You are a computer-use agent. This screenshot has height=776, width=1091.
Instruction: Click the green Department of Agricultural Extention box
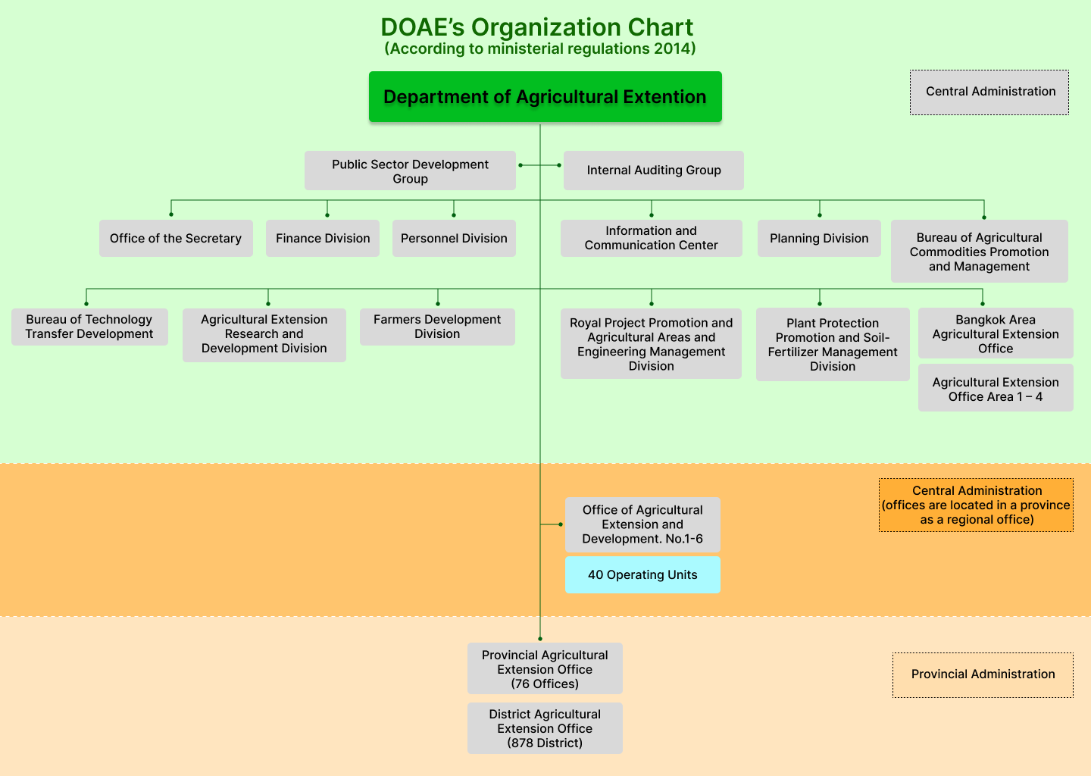tap(545, 97)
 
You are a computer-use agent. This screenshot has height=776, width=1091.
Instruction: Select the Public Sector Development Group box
tap(410, 171)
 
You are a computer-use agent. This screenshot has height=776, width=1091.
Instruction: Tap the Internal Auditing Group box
tap(653, 171)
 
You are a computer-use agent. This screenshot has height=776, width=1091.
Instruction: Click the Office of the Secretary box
tap(176, 238)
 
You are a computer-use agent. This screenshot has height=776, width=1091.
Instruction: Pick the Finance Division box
tap(323, 238)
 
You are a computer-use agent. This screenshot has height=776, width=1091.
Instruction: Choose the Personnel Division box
tap(454, 238)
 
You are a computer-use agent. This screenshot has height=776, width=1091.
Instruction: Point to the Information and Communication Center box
tap(651, 238)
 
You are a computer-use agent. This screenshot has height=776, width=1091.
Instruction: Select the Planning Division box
tap(819, 238)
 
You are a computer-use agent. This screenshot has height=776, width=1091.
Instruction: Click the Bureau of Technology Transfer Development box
tap(89, 327)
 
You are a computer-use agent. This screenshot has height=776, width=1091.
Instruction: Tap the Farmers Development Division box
tap(437, 327)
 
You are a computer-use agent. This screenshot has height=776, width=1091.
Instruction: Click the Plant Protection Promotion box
tap(833, 344)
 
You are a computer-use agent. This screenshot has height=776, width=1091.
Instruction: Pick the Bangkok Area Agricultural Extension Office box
tap(996, 333)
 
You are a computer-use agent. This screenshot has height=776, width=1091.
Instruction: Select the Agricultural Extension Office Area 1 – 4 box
tap(996, 389)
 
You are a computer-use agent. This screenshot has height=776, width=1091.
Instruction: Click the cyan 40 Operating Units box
tap(642, 574)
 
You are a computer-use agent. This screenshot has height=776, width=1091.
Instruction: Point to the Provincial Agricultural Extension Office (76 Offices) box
tap(545, 668)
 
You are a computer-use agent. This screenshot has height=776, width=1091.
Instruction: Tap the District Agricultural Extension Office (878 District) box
tap(545, 728)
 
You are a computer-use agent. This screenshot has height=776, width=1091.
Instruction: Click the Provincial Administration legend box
tap(983, 674)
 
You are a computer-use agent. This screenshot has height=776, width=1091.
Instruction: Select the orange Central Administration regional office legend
tap(976, 505)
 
